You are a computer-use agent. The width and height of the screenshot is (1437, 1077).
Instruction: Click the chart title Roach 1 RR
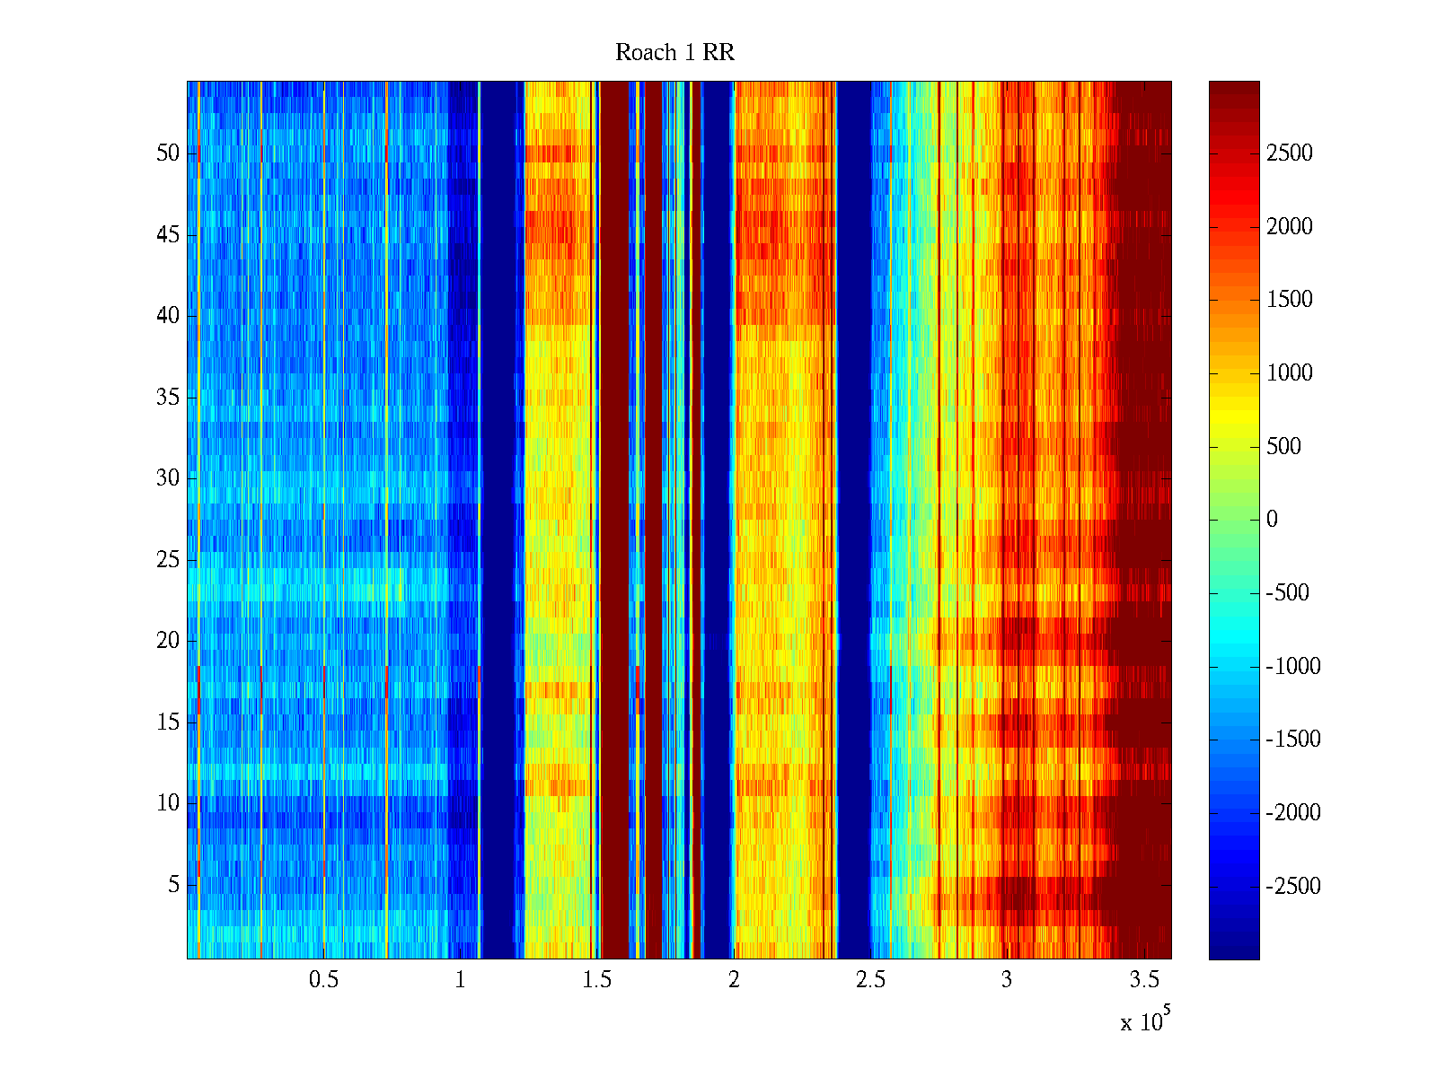click(x=674, y=53)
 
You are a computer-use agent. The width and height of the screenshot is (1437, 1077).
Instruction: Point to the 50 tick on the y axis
click(x=168, y=153)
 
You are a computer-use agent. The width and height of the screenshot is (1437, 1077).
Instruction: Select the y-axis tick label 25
click(x=168, y=560)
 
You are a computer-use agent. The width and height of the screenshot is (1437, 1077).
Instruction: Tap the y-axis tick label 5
click(x=173, y=885)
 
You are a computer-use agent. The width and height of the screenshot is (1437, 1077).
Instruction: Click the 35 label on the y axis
click(x=168, y=398)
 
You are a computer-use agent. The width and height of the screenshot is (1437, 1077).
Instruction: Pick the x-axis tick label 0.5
click(x=323, y=980)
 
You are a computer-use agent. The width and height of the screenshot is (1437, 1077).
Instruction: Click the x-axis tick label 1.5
click(x=596, y=980)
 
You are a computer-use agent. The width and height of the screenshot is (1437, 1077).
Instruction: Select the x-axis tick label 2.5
click(x=870, y=980)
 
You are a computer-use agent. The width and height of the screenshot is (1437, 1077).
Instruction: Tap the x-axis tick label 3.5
click(x=1143, y=980)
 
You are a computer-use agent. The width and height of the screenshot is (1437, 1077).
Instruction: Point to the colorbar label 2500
click(x=1290, y=153)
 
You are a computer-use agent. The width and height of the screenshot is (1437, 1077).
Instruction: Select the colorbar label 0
click(x=1272, y=520)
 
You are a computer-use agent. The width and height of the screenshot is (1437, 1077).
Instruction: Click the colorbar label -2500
click(x=1293, y=887)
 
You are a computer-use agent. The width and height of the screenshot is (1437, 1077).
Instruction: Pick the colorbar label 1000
click(x=1290, y=373)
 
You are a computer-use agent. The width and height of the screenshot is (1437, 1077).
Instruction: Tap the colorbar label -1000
click(x=1293, y=667)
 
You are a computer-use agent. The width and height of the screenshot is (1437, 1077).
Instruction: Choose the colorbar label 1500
click(x=1290, y=300)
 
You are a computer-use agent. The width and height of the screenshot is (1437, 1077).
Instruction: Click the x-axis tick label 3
click(x=1007, y=980)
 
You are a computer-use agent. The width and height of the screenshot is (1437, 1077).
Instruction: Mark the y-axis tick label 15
click(x=168, y=722)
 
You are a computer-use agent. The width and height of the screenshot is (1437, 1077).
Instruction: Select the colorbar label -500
click(x=1288, y=593)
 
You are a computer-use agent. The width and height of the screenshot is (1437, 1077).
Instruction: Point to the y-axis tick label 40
click(x=168, y=316)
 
